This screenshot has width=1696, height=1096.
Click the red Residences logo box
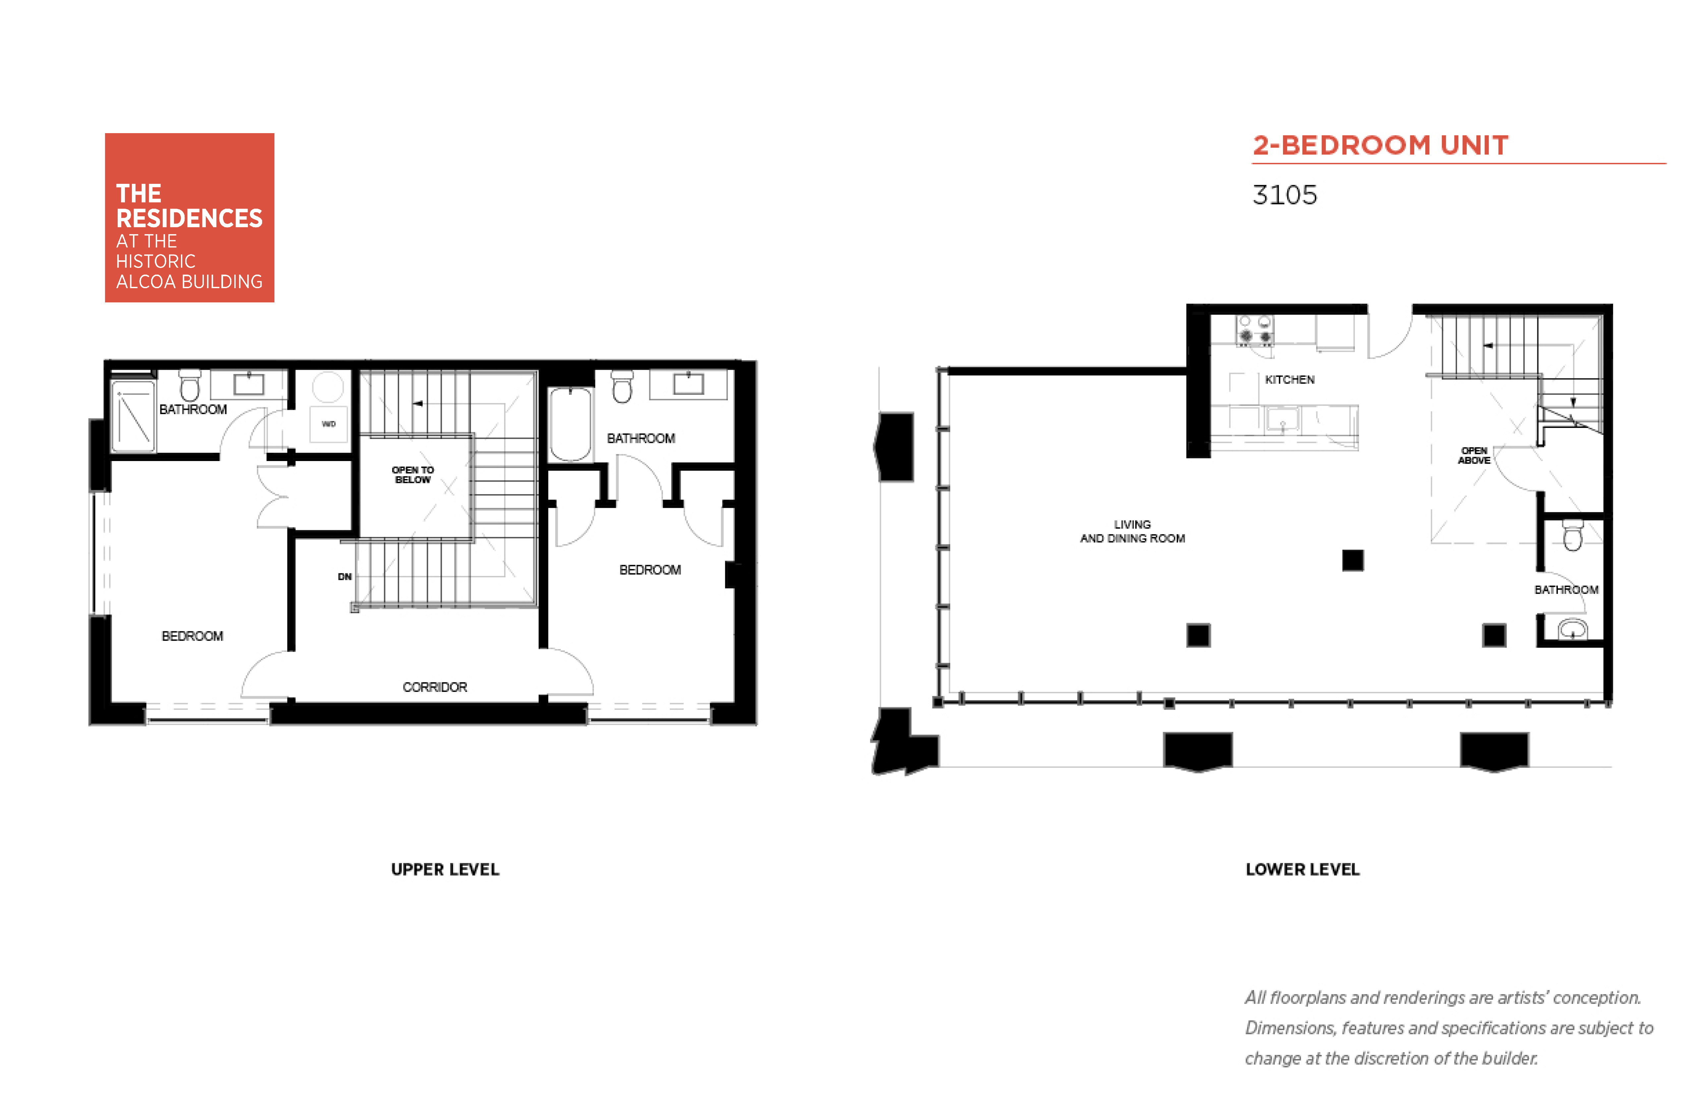click(189, 218)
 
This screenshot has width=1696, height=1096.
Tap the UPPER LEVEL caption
click(445, 869)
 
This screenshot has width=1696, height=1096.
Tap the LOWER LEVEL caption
click(1302, 869)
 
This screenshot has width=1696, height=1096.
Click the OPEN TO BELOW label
click(413, 475)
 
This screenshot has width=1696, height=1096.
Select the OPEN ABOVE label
click(1474, 455)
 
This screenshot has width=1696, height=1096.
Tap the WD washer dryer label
click(328, 424)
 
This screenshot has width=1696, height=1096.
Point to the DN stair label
click(345, 576)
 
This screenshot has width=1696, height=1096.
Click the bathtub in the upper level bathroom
click(570, 424)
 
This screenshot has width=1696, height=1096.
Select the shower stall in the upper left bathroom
click(133, 416)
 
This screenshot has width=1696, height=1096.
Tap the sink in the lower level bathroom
click(1572, 630)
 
